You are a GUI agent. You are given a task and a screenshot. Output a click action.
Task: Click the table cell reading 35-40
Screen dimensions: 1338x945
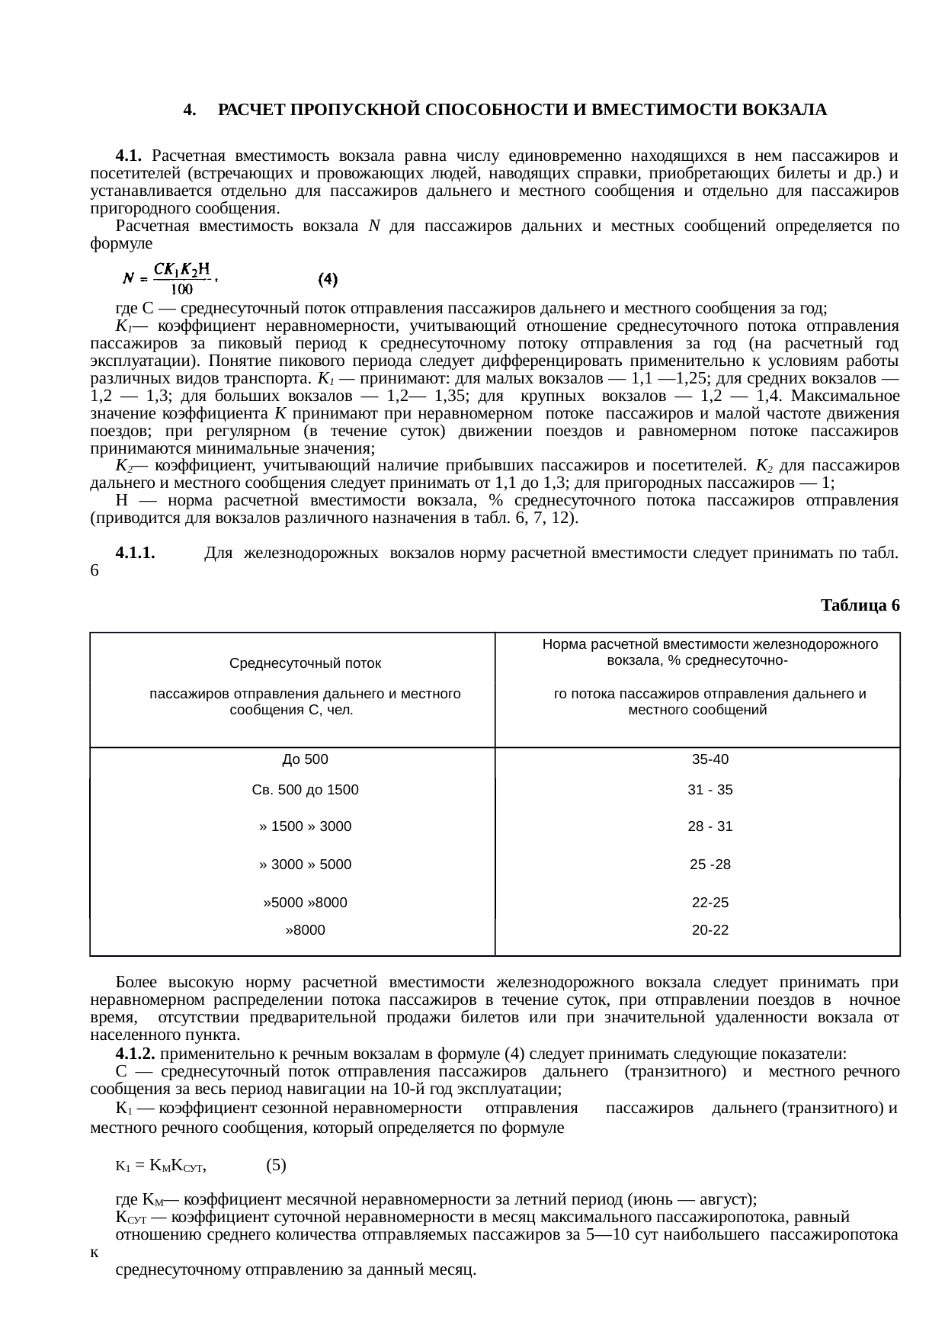(710, 759)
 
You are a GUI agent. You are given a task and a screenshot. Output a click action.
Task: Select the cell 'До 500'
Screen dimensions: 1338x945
(305, 759)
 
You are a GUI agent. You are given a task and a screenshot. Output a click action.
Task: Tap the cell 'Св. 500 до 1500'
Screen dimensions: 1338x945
(305, 790)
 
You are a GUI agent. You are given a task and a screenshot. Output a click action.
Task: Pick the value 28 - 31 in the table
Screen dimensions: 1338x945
(710, 826)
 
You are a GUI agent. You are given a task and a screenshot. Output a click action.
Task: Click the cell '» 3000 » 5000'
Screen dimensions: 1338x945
(305, 865)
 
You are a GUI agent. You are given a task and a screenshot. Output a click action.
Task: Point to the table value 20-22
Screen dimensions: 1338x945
(710, 930)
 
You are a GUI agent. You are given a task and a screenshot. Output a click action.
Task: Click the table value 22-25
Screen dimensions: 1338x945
(710, 903)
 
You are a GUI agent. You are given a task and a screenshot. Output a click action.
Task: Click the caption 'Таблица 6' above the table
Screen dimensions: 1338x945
(860, 605)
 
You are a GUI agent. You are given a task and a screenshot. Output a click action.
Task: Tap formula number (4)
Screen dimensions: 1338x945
(328, 279)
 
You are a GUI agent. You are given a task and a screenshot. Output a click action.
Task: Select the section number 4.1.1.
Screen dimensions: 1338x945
(136, 553)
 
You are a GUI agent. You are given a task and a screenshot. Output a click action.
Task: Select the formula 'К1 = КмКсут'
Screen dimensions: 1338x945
(162, 1165)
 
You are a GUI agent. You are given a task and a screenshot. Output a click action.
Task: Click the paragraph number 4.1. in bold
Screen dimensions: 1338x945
(129, 156)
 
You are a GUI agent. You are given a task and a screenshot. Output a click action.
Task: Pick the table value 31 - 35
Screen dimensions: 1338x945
(710, 790)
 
